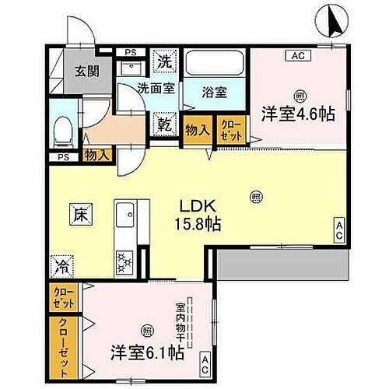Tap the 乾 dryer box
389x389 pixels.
tap(164, 123)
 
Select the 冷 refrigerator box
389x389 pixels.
tap(61, 267)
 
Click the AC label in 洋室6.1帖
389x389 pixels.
tap(205, 360)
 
